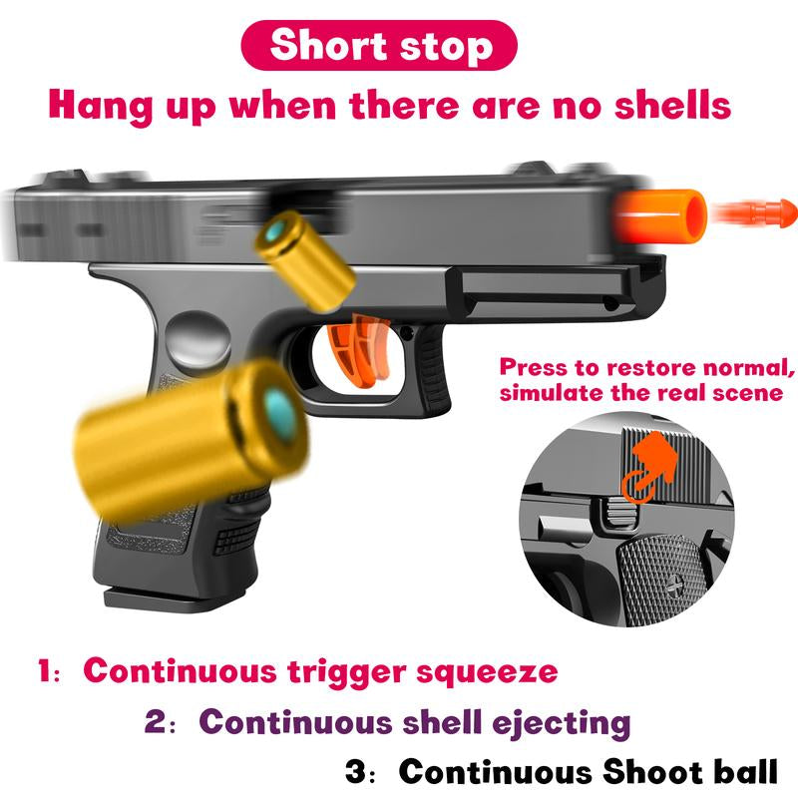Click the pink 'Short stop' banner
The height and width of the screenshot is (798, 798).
[x=379, y=45]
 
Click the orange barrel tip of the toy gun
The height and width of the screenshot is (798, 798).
[x=660, y=215]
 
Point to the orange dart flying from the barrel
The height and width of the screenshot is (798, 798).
[x=754, y=212]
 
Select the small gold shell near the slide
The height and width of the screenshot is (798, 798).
[x=304, y=260]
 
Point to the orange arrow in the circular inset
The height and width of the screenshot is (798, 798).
[x=650, y=467]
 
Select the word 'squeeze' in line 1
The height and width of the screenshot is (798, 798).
[x=487, y=672]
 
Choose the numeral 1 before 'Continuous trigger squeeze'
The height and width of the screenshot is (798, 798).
[x=46, y=669]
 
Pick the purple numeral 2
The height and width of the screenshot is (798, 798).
[x=155, y=720]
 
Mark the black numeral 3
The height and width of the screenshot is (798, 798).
[x=356, y=770]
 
